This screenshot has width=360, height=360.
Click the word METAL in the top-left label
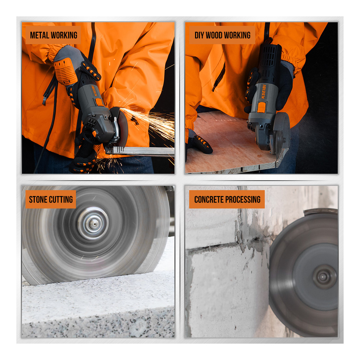40,35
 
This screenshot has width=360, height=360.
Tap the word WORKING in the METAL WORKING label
64,35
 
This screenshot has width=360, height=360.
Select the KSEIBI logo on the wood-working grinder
263,92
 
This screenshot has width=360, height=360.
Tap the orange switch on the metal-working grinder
99,102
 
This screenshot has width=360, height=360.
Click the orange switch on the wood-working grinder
261,107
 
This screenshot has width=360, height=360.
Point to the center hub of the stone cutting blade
93,223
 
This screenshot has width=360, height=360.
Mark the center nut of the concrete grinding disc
323,277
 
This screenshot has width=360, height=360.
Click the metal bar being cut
140,151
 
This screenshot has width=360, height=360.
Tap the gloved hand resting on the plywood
199,144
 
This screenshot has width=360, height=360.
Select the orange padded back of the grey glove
66,71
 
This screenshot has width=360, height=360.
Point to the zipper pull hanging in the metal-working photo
45,99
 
